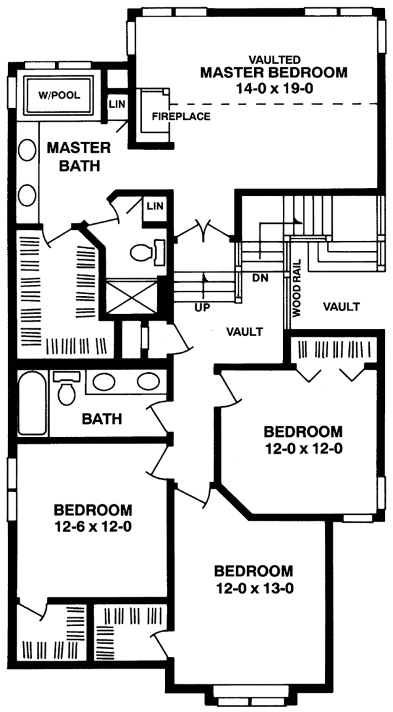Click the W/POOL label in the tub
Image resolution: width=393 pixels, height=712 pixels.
(60, 96)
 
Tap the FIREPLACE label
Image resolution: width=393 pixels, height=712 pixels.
(181, 116)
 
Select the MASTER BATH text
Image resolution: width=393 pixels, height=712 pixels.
(79, 157)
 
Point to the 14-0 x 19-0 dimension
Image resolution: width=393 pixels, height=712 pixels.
(274, 88)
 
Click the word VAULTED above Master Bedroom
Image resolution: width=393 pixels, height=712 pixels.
(274, 60)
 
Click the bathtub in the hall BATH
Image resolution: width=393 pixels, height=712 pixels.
(32, 403)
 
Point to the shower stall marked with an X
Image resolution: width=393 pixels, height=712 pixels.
(131, 297)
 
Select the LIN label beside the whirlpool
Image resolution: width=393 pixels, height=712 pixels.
(117, 104)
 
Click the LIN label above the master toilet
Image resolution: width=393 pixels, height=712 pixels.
(154, 206)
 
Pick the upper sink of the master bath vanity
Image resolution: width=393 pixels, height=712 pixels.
(28, 150)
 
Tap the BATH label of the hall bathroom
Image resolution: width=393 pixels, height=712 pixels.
(102, 419)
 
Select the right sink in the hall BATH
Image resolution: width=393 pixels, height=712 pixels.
(148, 381)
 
